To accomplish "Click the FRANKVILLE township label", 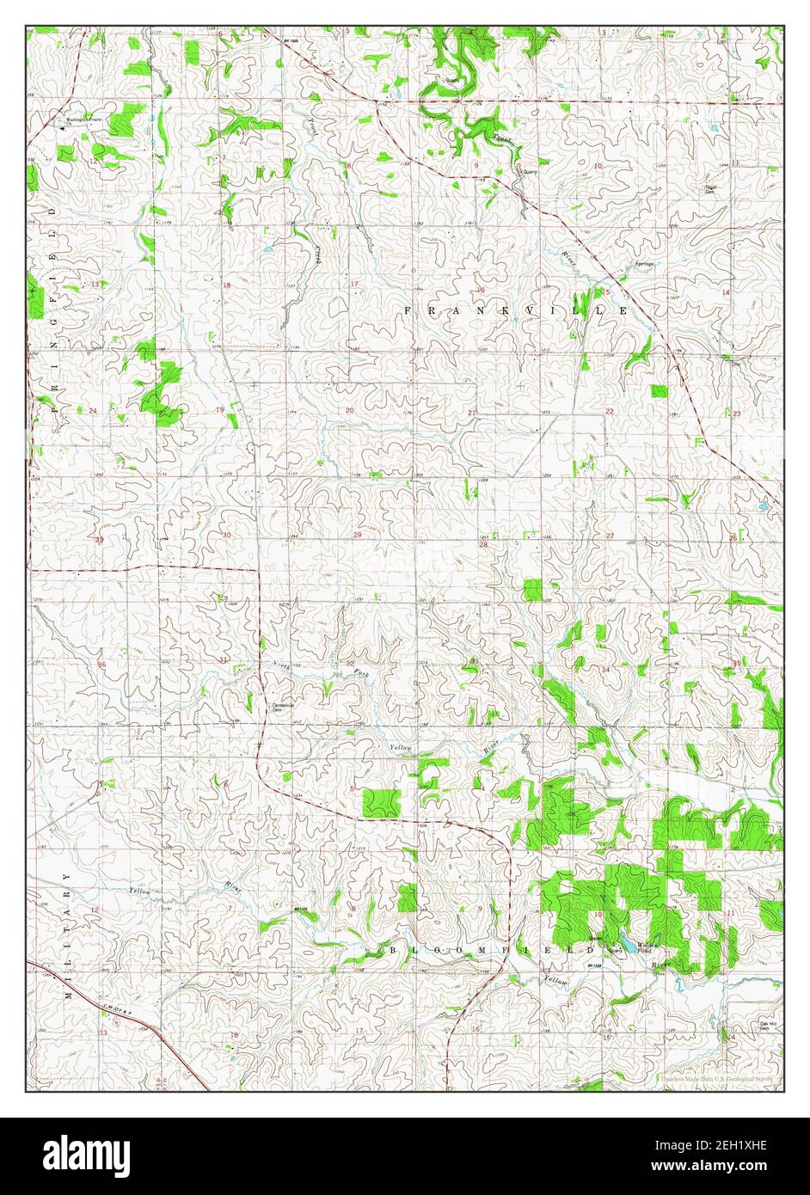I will [x=516, y=309].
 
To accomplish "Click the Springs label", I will [x=646, y=263].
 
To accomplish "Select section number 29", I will [x=357, y=536].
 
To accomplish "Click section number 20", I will [x=349, y=410].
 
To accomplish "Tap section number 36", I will [x=101, y=665].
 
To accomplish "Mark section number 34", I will [x=605, y=669].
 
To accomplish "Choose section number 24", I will [x=93, y=410].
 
